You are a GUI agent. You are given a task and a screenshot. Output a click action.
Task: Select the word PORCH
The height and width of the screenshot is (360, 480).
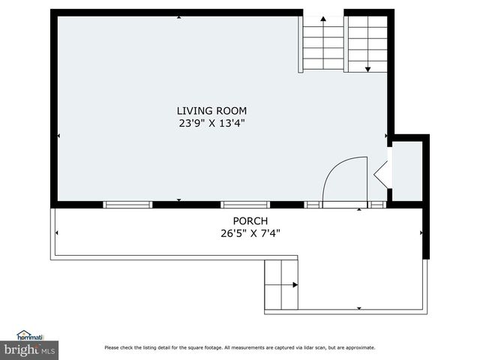coord(250,220)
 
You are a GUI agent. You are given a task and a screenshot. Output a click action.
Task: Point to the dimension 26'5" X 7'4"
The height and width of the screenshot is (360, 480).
coord(250,232)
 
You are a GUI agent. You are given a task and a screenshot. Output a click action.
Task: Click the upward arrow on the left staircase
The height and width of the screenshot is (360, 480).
coord(323,19)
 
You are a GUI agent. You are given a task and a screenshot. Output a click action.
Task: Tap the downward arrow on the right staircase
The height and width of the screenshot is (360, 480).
coord(367,68)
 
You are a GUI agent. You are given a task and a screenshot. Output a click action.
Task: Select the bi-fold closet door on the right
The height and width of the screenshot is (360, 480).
coord(382,174)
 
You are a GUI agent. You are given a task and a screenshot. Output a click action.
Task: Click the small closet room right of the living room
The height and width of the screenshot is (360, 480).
coord(407,171)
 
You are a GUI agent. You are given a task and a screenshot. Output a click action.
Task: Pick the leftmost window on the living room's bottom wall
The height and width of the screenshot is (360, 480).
coord(127,204)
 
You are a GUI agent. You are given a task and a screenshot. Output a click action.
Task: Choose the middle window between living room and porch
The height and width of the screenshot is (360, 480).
coord(244,204)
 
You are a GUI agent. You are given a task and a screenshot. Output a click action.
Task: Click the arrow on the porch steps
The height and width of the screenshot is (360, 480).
coord(295,285)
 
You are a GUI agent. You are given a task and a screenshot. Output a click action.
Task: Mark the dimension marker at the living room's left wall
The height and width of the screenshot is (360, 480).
coord(59,136)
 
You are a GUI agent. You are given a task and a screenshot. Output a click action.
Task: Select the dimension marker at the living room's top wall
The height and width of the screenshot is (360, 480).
coord(178,17)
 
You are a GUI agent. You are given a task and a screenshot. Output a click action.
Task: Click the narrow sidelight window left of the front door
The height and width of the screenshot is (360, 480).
coord(313,204)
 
